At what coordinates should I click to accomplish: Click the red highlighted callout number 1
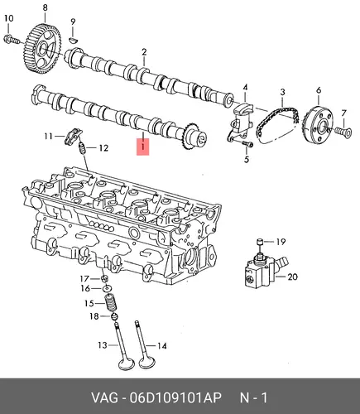143,147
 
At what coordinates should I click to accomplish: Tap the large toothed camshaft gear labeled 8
43,49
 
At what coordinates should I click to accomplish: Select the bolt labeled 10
12,40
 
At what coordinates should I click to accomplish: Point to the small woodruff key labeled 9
73,40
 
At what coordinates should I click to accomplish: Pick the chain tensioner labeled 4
241,123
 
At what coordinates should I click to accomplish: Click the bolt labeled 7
344,131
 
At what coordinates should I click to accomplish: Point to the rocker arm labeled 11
73,136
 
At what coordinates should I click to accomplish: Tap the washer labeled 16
107,288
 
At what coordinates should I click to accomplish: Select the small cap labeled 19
260,242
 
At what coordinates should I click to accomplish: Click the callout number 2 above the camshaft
144,52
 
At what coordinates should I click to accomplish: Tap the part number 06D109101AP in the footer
176,397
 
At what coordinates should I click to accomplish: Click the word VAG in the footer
104,397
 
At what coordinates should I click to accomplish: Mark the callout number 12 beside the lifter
103,148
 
